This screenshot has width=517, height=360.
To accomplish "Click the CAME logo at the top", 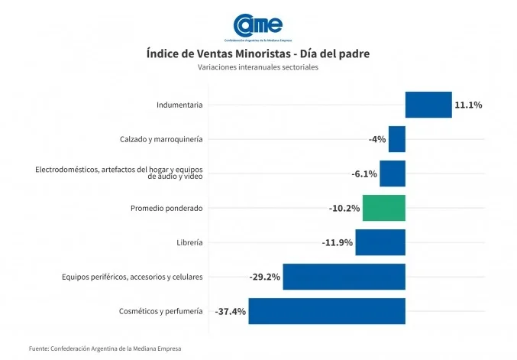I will point(258,27).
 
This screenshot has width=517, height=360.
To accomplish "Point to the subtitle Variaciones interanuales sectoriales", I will point(258,67).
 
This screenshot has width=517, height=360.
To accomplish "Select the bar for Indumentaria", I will point(428,105).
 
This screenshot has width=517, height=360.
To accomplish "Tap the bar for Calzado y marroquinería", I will point(396,139).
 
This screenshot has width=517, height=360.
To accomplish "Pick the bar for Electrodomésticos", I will point(392,174).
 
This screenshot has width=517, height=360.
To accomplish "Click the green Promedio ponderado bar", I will point(383,208).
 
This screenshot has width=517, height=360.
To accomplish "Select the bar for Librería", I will point(380,242).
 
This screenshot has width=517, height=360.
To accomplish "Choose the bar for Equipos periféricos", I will point(344,277).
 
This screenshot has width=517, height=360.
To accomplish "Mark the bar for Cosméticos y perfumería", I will point(326,311).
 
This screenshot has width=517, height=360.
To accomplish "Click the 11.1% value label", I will point(468,105).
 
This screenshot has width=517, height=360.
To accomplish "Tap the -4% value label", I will point(376,139).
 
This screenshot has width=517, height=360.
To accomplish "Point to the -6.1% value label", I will point(364,174).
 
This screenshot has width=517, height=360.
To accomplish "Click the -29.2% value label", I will point(265,277).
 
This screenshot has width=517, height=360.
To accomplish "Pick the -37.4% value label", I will point(230,311).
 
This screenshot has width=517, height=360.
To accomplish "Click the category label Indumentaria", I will point(179,105).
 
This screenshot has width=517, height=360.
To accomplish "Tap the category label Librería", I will point(189,242).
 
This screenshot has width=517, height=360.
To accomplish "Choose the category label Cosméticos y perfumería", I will point(161,311).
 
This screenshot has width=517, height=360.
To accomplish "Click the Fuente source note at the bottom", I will point(105,349).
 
